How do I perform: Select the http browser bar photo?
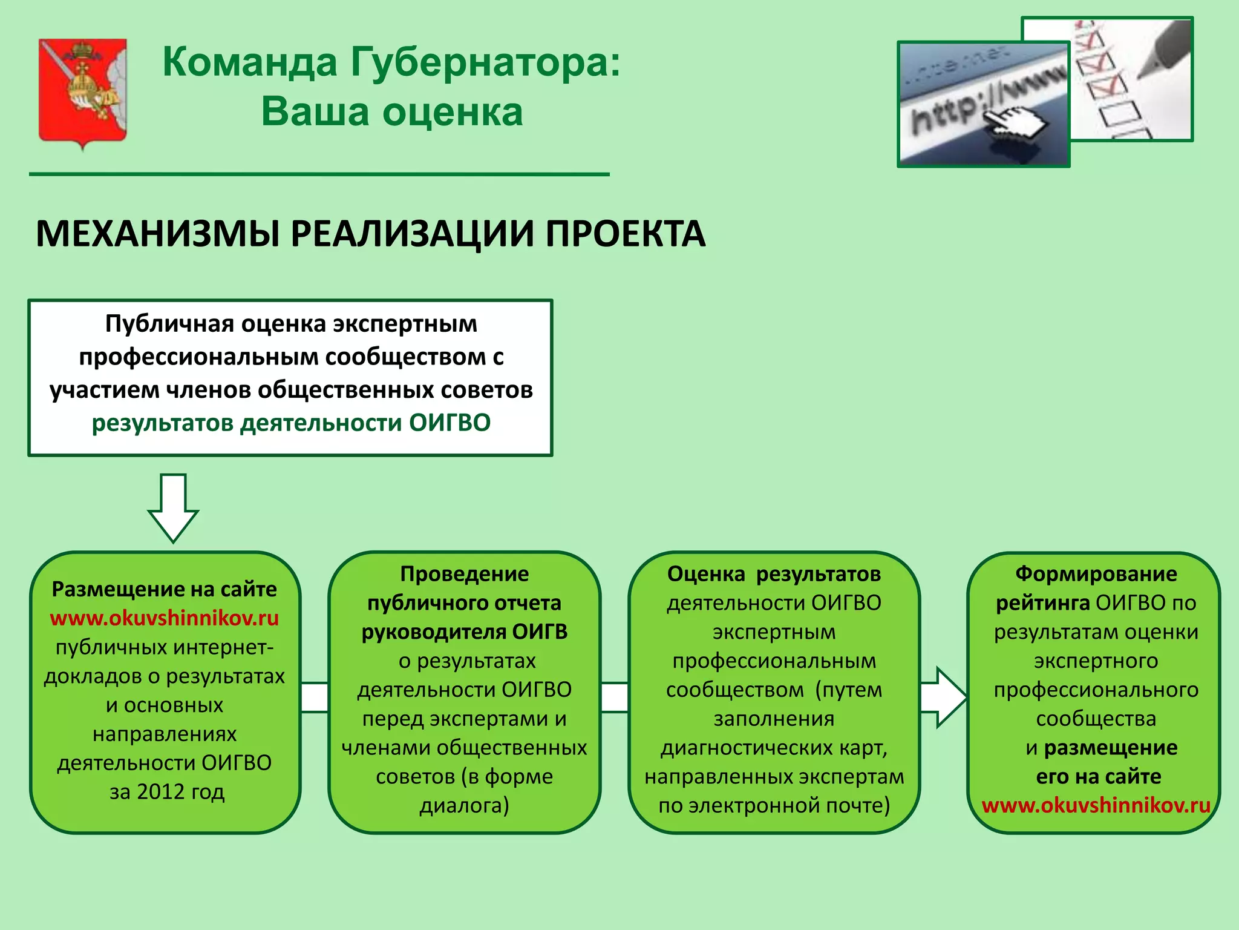tap(983, 104)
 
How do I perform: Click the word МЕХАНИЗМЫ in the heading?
tap(158, 234)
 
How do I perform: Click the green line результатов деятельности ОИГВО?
tap(291, 423)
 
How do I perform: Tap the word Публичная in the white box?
tap(169, 324)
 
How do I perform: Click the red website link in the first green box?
tap(165, 618)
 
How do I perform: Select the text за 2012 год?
tap(167, 791)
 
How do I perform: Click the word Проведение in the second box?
tap(464, 573)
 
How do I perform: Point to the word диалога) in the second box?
tap(464, 805)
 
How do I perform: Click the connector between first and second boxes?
tap(315, 697)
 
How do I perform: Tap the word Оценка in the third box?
tap(705, 573)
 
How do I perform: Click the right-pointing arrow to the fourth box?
tap(943, 697)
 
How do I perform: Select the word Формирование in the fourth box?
tap(1096, 573)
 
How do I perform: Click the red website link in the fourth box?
tap(1096, 805)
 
